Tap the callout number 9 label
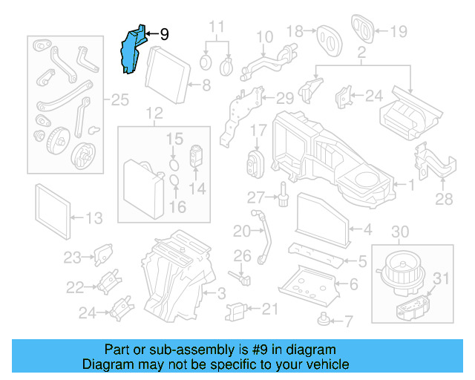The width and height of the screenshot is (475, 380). point(164,34)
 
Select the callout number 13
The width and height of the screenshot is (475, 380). point(94,218)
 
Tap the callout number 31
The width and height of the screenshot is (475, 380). point(442,279)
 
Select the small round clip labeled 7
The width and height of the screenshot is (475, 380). point(324,321)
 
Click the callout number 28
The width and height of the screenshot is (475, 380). point(444,199)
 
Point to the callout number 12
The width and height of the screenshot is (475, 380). point(154,114)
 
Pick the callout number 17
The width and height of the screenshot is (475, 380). point(258,131)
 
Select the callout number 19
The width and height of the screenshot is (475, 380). point(399,31)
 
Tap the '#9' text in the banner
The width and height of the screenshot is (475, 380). point(251,350)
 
